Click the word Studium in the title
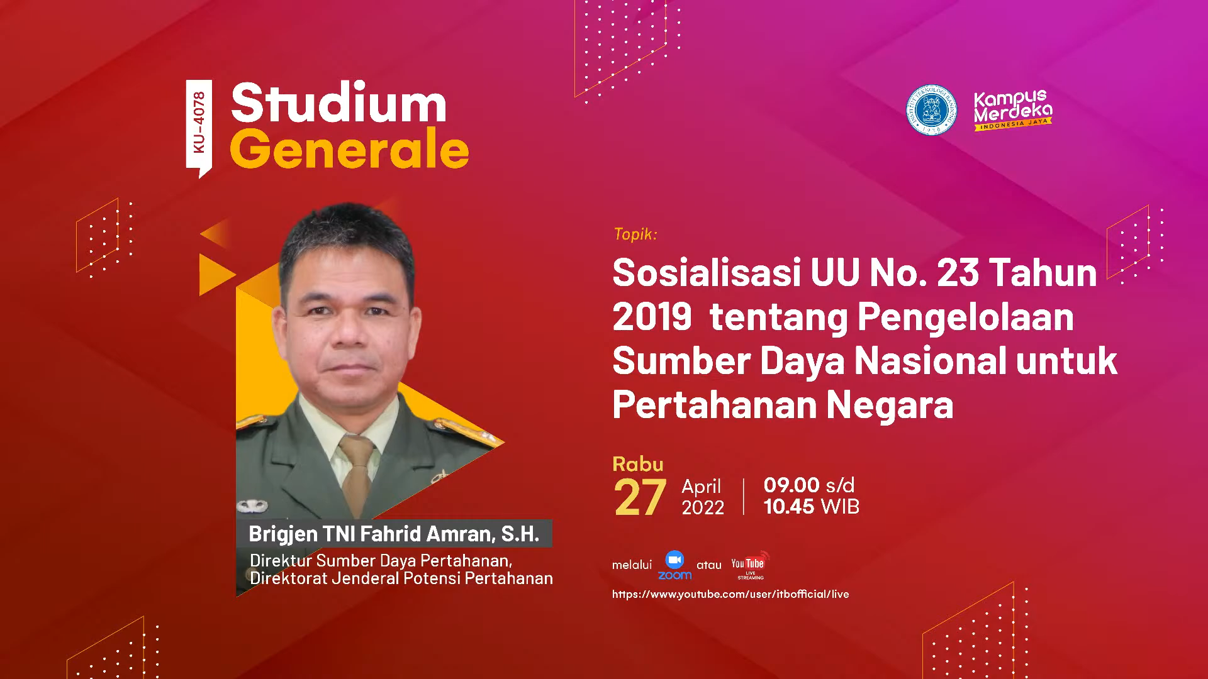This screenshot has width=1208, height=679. [338, 102]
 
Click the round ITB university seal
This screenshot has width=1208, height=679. [931, 110]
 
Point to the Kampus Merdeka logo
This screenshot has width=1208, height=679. [1013, 110]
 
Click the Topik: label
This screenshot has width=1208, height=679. [635, 234]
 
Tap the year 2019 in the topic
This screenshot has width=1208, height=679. [652, 317]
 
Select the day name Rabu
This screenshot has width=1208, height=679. [638, 464]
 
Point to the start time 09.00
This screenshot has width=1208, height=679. [791, 485]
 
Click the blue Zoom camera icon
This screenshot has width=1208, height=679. [674, 560]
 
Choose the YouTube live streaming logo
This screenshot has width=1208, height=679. [750, 565]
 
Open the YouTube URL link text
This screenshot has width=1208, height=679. [730, 594]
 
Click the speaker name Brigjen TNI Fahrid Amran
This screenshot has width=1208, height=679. [368, 534]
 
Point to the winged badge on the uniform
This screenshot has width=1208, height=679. [252, 505]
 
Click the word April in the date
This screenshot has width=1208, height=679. [701, 487]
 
